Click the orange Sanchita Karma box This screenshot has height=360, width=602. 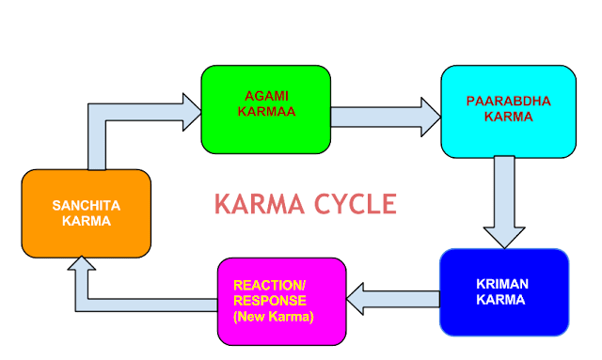coord(86,213)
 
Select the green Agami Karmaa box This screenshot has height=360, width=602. coord(266,109)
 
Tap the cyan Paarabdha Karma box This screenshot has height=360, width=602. coord(508,111)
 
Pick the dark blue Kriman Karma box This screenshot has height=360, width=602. coord(503,291)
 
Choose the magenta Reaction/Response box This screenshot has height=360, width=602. coord(279,300)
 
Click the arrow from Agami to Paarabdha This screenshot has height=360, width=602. coord(384,116)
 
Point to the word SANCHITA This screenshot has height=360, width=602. coord(87,205)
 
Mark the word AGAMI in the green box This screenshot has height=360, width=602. coord(267,98)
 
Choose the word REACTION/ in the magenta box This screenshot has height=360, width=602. coord(262,284)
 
